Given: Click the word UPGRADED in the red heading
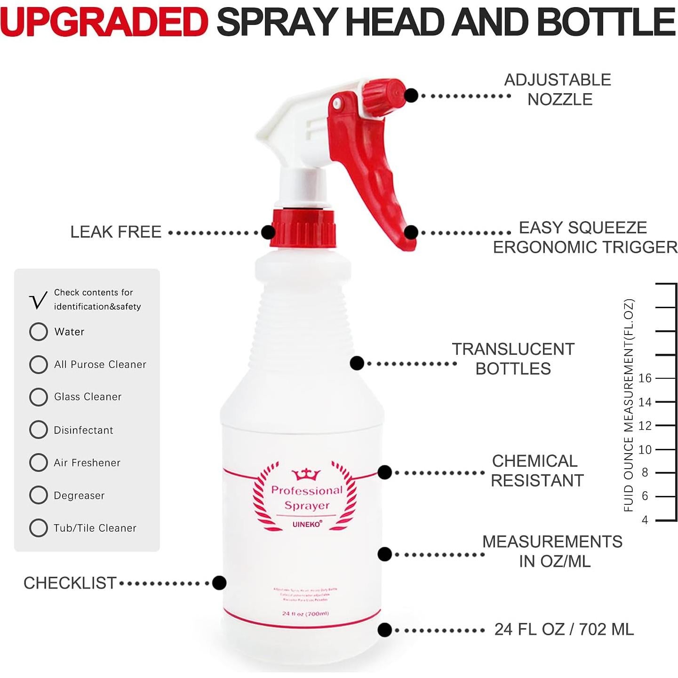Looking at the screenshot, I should (104, 22).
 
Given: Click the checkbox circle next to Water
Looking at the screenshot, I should (39, 332).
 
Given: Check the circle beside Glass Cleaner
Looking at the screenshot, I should (39, 397).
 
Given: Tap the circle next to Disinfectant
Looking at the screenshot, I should (39, 430).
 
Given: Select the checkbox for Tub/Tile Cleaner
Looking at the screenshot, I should (39, 528).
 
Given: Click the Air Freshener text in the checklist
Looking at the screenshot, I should (87, 463).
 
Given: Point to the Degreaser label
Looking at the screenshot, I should (79, 495).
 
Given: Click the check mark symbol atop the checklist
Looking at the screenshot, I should (38, 301).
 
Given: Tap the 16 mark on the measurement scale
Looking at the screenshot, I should (645, 378).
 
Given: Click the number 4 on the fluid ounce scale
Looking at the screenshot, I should (645, 520).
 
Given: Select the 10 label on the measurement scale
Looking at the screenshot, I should (645, 450).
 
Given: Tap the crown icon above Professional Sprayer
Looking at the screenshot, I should (306, 474).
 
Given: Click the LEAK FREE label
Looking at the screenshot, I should (116, 232).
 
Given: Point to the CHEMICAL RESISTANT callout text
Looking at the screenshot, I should (536, 471).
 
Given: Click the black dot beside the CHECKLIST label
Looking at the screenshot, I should (219, 583).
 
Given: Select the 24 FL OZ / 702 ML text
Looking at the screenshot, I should (564, 630).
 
